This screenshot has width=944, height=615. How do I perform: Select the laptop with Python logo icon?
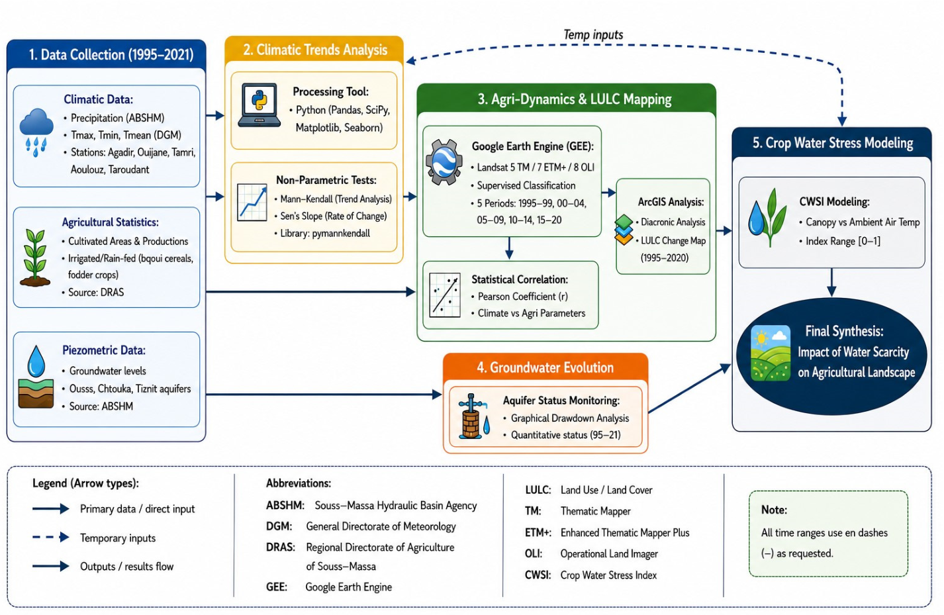(260, 105)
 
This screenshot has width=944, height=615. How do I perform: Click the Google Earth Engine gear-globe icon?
(444, 162)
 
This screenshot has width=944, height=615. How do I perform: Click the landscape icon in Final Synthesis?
(771, 353)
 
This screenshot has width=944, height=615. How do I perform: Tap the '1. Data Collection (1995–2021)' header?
(111, 55)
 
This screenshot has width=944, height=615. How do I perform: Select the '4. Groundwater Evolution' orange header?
(545, 367)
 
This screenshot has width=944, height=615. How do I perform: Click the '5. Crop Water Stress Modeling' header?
(833, 143)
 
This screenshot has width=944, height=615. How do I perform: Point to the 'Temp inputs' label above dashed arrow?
(593, 34)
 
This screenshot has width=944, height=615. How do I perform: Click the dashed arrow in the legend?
(50, 537)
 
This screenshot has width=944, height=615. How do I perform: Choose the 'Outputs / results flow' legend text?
(127, 566)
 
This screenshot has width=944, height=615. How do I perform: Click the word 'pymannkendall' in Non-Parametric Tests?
(341, 233)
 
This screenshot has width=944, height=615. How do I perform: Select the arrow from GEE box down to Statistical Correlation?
(509, 248)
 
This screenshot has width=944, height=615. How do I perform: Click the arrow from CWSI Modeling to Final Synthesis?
(831, 283)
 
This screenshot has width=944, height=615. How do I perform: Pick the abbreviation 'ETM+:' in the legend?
(538, 532)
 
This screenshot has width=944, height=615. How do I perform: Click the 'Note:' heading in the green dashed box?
(774, 510)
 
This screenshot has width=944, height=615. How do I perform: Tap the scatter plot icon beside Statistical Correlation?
(445, 295)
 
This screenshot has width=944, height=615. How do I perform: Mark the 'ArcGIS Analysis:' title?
(671, 202)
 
